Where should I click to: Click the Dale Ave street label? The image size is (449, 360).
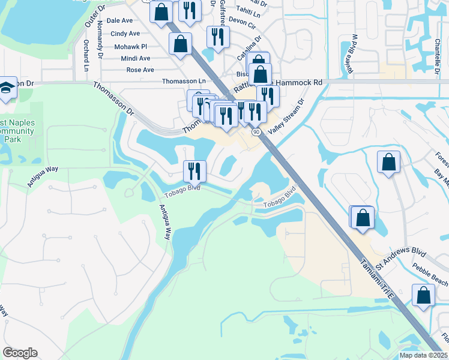click(119, 20)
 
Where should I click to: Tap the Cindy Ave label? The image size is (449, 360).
click(125, 34)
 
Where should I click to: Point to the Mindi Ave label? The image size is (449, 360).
click(136, 58)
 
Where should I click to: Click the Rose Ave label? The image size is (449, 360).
click(140, 70)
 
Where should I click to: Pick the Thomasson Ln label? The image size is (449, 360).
click(184, 81)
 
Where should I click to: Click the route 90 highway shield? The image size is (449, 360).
click(256, 131)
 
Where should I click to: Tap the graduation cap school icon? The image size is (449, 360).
click(7, 88)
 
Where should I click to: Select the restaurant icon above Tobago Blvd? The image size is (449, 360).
click(194, 170)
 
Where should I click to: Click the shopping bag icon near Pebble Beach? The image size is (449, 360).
click(423, 295)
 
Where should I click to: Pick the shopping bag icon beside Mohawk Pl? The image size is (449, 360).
click(181, 43)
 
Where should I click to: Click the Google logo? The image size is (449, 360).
click(20, 353)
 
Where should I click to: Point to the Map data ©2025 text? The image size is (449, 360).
click(423, 355)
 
